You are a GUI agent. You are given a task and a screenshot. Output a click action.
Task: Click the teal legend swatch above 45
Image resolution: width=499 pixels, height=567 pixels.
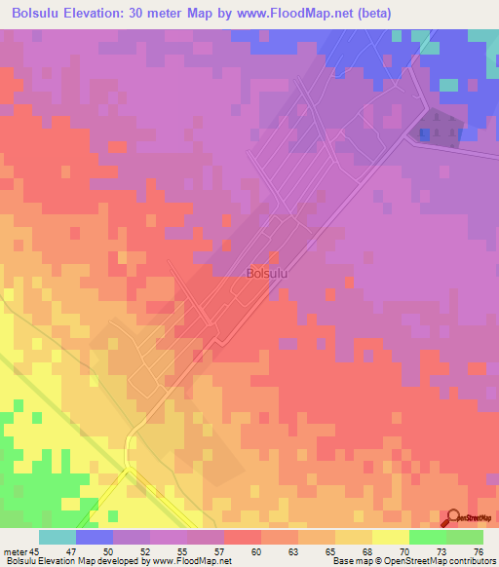click(57, 537)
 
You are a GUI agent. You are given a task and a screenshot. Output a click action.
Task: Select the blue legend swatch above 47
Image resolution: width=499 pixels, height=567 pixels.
click(94, 537)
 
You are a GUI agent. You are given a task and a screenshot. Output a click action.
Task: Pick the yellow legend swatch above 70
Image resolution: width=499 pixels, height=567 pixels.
click(390, 537)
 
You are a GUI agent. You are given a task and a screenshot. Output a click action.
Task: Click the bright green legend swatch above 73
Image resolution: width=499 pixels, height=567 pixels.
click(427, 537)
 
